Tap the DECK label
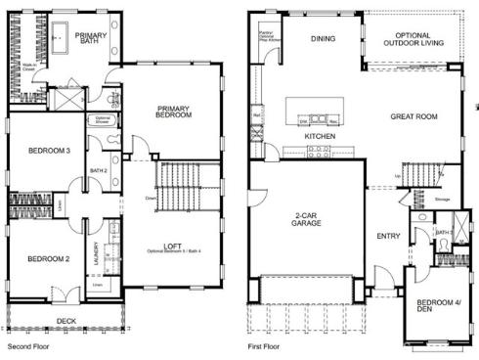65,319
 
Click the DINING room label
323,39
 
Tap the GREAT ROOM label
412,115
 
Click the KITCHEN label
320,136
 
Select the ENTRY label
387,235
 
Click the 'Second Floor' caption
26,346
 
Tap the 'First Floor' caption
266,346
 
